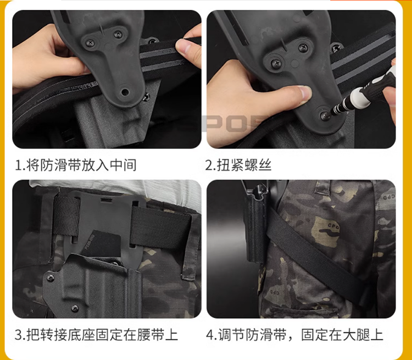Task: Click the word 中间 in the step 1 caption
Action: pyautogui.click(x=123, y=165)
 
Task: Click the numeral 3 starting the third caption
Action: pyautogui.click(x=18, y=335)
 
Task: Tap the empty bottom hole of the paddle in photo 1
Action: pyautogui.click(x=125, y=92)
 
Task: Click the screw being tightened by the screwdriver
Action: pyautogui.click(x=325, y=115)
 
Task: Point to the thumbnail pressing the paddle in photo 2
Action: pyautogui.click(x=305, y=92)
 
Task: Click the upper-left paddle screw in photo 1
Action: pyautogui.click(x=90, y=42)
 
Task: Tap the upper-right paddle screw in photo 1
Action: pyautogui.click(x=118, y=34)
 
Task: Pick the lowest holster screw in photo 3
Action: pyautogui.click(x=75, y=308)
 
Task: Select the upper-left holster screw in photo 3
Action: pyautogui.click(x=50, y=278)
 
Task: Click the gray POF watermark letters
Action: pyautogui.click(x=234, y=124)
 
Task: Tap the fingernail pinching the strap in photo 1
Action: pyautogui.click(x=183, y=46)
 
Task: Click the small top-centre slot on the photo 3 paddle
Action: pyautogui.click(x=106, y=201)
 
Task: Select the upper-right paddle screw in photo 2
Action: pyautogui.click(x=303, y=48)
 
